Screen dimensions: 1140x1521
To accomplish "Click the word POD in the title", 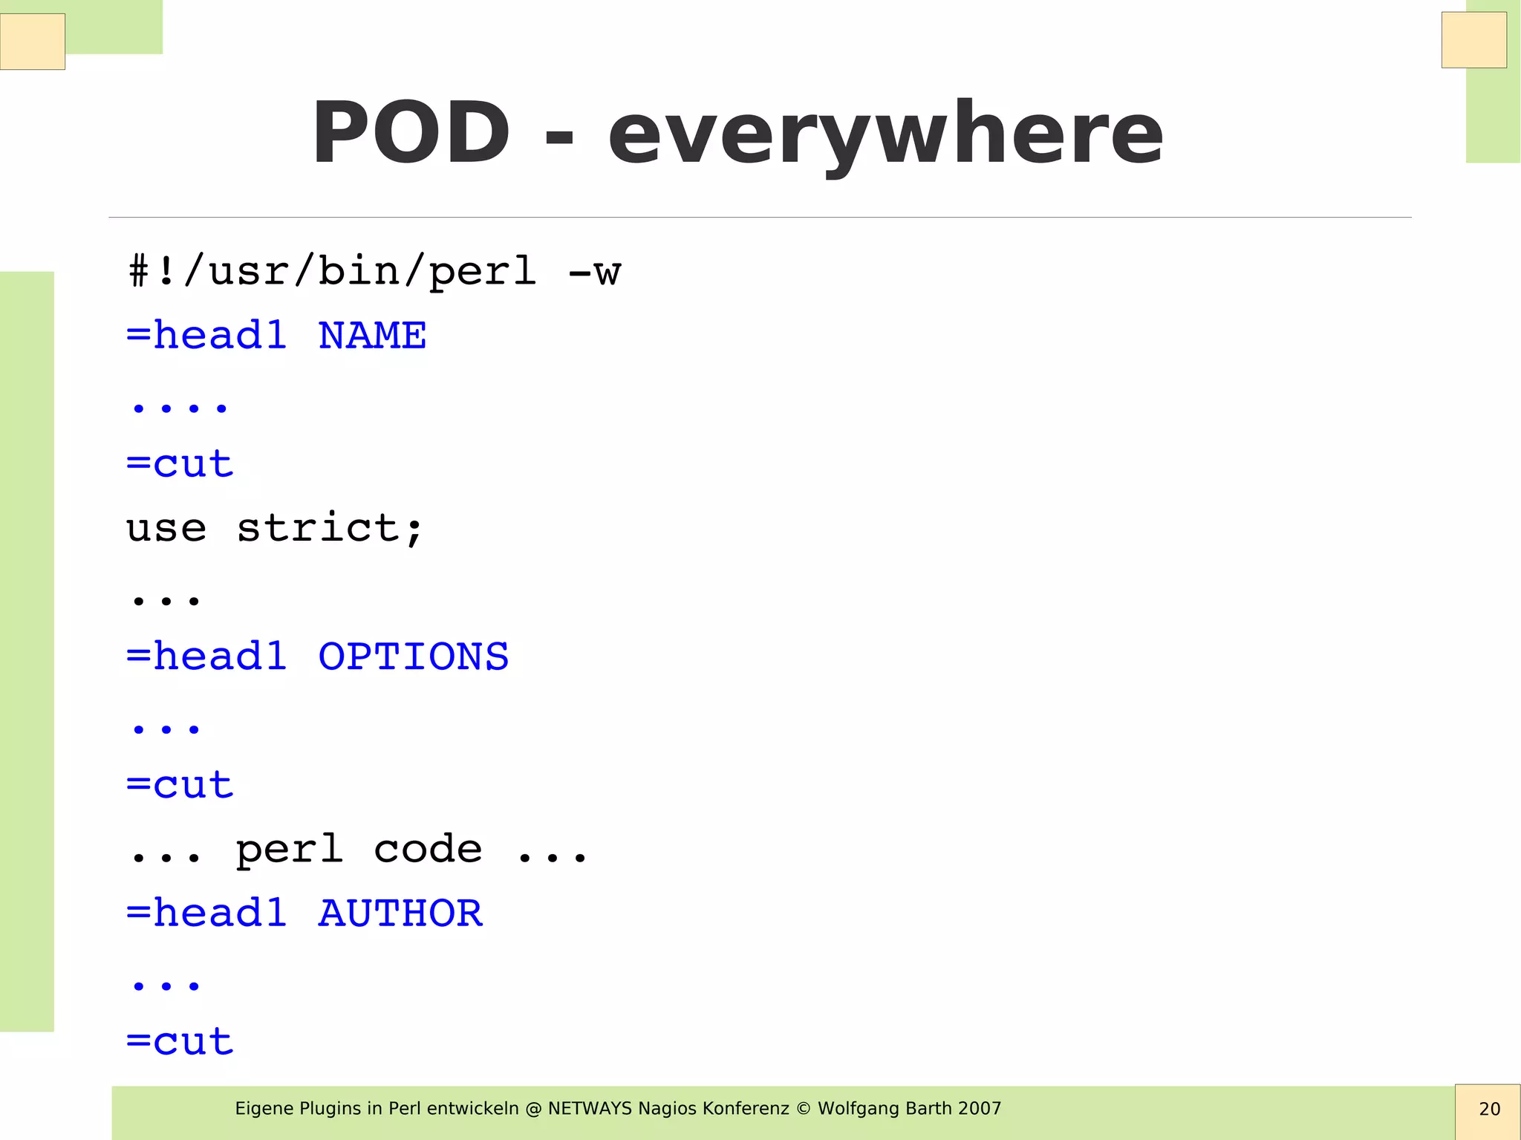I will pos(411,134).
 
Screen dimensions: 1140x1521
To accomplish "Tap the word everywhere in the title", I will pos(885,136).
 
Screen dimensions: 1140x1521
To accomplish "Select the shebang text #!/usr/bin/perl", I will pos(332,271).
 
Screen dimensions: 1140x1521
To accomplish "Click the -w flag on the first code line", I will pos(594,272).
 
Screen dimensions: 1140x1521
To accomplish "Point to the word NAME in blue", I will pos(372,336).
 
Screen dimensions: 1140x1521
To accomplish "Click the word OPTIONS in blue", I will pos(413,657).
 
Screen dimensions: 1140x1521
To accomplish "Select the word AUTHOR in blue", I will pos(400,913).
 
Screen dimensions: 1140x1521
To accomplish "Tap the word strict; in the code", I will pos(330,528).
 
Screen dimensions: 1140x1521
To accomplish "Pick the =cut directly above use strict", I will pos(180,464).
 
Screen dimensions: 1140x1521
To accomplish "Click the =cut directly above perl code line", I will pos(180,786).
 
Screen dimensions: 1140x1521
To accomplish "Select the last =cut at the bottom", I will pos(180,1042).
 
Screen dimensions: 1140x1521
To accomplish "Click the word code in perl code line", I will pos(428,849).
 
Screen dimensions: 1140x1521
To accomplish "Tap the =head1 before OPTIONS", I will pos(206,657).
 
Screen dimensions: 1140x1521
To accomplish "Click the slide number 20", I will pos(1489,1110).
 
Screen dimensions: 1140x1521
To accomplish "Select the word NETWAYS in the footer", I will pos(590,1109).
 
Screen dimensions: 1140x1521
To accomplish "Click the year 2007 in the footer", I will pos(979,1109).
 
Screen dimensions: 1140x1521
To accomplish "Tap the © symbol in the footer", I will pos(803,1109).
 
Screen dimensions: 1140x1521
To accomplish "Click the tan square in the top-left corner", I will pos(33,42).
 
